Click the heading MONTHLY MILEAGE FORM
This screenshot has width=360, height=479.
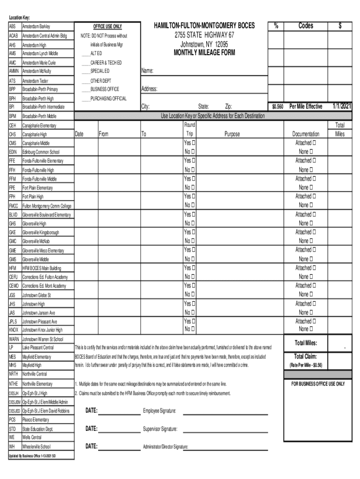pos(204,53)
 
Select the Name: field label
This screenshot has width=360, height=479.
pos(148,72)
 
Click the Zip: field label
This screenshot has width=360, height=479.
pos(229,107)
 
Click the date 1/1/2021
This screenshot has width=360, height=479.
pos(342,107)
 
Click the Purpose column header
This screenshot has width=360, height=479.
pos(232,134)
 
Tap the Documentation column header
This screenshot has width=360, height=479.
pos(306,134)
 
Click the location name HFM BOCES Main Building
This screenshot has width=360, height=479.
pos(42,268)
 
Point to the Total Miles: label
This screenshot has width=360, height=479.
pos(306,343)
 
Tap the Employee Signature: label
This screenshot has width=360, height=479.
pos(159,411)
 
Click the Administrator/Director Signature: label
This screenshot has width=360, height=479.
pos(166,447)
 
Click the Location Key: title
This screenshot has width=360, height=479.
pos(19,17)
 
